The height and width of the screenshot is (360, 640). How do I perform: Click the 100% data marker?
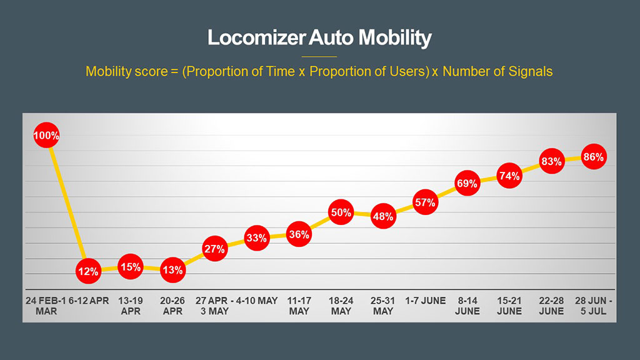click(46, 135)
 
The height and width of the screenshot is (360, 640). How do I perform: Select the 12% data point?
click(88, 271)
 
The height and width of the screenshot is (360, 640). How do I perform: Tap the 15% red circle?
click(131, 266)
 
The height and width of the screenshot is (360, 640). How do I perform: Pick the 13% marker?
click(172, 270)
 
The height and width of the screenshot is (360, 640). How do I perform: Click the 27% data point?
click(214, 249)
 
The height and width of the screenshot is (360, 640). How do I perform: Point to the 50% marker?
click(341, 212)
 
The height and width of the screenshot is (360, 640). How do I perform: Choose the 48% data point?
click(382, 217)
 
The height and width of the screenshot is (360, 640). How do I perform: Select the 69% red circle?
click(467, 183)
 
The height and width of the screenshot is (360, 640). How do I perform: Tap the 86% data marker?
click(592, 157)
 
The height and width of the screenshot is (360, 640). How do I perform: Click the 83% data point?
click(551, 161)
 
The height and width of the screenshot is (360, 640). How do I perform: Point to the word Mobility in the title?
click(394, 38)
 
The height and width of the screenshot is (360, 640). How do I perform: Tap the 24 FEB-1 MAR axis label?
click(46, 306)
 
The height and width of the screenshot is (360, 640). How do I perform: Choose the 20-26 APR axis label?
click(172, 306)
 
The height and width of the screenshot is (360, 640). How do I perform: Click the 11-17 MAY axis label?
click(299, 306)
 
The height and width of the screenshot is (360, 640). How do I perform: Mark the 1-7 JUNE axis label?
click(425, 301)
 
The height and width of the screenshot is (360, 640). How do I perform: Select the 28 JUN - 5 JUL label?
click(592, 306)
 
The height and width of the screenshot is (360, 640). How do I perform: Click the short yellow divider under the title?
click(319, 56)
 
